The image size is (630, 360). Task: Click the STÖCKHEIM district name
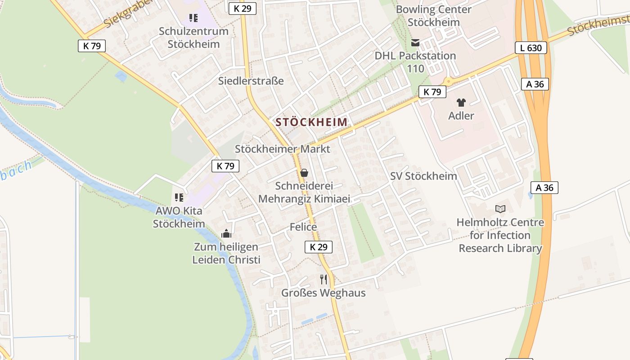[x=311, y=122]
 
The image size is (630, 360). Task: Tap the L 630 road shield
[x=531, y=48]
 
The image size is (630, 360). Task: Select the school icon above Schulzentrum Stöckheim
[x=193, y=18]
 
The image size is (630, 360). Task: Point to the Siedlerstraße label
[x=251, y=81]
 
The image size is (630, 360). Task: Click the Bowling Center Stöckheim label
[x=433, y=16]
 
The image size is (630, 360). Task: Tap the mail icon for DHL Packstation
[x=415, y=43]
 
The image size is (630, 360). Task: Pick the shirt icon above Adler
[x=461, y=103]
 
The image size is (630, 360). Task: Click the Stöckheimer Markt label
[x=283, y=149]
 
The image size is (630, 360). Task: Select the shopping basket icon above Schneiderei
[x=304, y=173]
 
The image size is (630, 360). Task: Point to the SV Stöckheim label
[x=423, y=176]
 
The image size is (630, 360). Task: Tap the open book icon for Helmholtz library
[x=500, y=209]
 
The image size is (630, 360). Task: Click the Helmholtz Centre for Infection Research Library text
[x=500, y=235]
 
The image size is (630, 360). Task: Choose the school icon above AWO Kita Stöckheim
[x=179, y=198]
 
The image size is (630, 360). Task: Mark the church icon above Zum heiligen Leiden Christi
[x=226, y=234]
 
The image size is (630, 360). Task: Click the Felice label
[x=303, y=227]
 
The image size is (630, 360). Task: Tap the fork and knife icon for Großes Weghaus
[x=323, y=279]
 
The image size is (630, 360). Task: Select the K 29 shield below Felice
[x=319, y=247]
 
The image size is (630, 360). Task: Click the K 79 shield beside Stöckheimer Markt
[x=225, y=166]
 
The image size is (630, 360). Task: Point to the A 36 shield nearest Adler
[x=535, y=84]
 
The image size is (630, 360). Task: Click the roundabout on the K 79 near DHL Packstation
[x=448, y=81]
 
